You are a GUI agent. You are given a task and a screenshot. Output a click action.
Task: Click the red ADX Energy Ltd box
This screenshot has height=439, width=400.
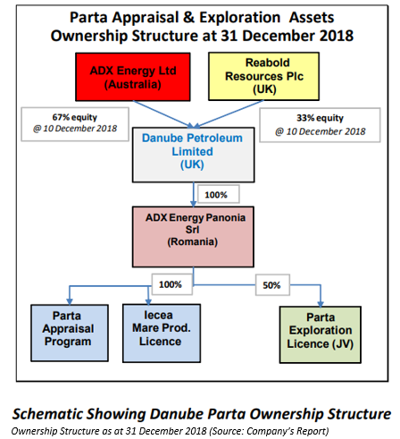pyautogui.click(x=133, y=77)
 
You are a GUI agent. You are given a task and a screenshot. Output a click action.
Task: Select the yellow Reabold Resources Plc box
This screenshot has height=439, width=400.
pyautogui.click(x=263, y=76)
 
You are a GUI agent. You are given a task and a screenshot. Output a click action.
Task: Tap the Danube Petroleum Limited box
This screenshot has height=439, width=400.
pyautogui.click(x=193, y=155)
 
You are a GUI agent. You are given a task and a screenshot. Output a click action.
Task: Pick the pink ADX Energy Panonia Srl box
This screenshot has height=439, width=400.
pyautogui.click(x=193, y=237)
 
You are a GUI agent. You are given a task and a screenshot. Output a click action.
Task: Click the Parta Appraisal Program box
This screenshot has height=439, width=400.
pyautogui.click(x=70, y=333)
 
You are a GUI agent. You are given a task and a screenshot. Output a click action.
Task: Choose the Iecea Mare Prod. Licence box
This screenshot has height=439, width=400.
pyautogui.click(x=162, y=333)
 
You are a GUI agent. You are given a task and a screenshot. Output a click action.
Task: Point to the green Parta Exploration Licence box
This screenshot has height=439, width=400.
pyautogui.click(x=321, y=334)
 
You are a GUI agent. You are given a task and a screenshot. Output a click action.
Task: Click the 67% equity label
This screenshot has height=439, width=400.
pyautogui.click(x=75, y=117)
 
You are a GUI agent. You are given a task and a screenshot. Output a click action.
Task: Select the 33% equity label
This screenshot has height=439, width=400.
pyautogui.click(x=320, y=118)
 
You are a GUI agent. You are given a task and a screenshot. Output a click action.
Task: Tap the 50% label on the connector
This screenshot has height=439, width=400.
pyautogui.click(x=272, y=285)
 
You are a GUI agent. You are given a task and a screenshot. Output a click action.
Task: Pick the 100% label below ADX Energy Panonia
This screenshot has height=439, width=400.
pyautogui.click(x=171, y=284)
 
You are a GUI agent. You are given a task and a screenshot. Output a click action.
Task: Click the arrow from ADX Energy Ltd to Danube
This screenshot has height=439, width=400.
pyautogui.click(x=164, y=114)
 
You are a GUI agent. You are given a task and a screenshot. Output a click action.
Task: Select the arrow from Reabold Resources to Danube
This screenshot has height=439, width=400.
pyautogui.click(x=229, y=114)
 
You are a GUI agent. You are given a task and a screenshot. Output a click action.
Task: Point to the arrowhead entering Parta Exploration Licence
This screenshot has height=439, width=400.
pyautogui.click(x=321, y=304)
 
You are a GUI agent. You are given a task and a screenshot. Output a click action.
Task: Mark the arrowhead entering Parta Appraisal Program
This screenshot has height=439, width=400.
pyautogui.click(x=70, y=301)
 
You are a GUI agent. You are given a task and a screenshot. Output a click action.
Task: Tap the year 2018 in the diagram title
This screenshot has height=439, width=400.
pyautogui.click(x=337, y=36)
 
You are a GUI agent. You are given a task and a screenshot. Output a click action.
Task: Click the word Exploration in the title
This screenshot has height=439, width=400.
pyautogui.click(x=240, y=18)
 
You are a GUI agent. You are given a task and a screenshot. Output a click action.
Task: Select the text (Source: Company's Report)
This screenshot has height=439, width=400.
pyautogui.click(x=269, y=431)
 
